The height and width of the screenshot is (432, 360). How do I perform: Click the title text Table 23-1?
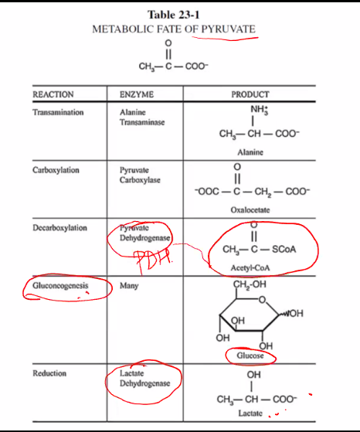point(173,15)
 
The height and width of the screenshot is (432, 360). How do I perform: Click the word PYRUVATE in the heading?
point(229,29)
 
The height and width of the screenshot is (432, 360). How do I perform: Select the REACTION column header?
point(53,94)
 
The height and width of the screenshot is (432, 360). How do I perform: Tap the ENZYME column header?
point(137,94)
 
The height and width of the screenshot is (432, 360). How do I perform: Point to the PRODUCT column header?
point(250,94)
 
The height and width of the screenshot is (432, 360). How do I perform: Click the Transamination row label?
point(58,112)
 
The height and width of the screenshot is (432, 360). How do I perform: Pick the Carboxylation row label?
point(56,170)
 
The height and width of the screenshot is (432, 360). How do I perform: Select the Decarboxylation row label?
point(59,228)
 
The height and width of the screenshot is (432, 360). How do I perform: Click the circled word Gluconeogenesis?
point(60,286)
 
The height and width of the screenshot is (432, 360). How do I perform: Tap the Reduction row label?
point(49,373)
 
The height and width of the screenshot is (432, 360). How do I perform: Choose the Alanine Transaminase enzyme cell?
point(142,117)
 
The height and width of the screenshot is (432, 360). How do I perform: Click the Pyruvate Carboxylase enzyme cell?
point(140,175)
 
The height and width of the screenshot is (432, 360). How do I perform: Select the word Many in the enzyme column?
point(129,286)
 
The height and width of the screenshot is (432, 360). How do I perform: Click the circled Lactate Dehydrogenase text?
point(145,378)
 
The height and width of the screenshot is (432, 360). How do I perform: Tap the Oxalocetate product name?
point(250,210)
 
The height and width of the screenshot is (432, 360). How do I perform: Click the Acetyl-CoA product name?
point(250,268)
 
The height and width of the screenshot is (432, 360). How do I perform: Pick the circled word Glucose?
point(250,355)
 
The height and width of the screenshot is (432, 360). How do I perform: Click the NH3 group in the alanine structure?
point(260,110)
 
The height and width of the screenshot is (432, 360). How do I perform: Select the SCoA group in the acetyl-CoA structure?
point(284,250)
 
